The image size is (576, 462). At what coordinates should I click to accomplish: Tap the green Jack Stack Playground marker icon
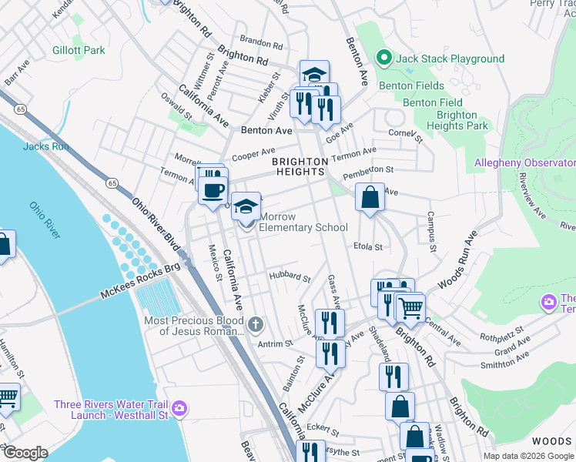point(383,59)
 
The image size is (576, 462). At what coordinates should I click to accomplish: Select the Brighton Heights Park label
point(461,120)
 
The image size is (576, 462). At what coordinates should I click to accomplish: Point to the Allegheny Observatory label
point(524,162)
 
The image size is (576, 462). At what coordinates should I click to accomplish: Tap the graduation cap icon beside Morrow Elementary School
point(246,206)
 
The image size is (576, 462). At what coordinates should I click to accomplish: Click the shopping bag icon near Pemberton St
point(370,197)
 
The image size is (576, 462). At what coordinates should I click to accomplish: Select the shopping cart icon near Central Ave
point(410,308)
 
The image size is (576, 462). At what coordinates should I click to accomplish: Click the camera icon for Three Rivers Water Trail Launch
point(179,407)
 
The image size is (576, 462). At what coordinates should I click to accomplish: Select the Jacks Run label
point(41,146)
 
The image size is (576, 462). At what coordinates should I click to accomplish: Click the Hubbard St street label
point(289,276)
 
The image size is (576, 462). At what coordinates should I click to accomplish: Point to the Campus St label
point(432,230)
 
